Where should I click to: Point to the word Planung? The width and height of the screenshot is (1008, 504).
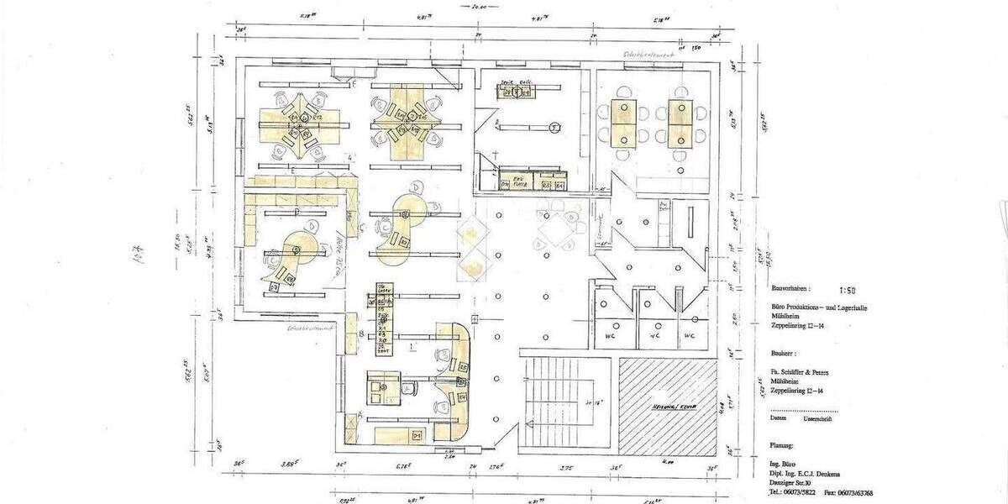(x=783, y=445)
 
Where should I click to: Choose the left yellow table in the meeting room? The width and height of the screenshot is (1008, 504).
(x=623, y=123)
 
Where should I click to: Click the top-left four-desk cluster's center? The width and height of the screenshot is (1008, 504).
(x=296, y=124)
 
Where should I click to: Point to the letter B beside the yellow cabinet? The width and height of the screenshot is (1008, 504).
(x=361, y=333)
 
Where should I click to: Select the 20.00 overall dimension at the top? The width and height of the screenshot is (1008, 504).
(x=480, y=6)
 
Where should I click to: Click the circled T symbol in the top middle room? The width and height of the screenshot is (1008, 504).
(x=554, y=127)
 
